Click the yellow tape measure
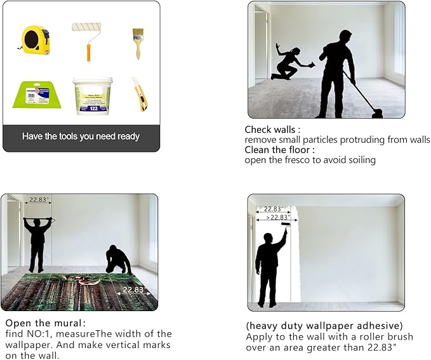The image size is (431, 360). [x=35, y=41]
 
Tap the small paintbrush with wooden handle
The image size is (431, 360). [x=138, y=43]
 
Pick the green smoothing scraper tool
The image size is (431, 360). [x=37, y=95]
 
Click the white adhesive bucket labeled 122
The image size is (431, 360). [x=93, y=96]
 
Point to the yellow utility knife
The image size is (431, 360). [x=140, y=94]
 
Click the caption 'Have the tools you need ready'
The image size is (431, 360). [x=81, y=137]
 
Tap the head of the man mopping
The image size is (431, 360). [x=345, y=37]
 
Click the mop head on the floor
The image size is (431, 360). [x=378, y=114]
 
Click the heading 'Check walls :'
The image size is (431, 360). [x=272, y=130]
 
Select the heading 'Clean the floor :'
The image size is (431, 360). [x=279, y=150]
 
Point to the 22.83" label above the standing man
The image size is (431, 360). [x=39, y=199]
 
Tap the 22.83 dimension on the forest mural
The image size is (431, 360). [x=133, y=290]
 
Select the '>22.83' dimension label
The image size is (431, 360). [x=277, y=217]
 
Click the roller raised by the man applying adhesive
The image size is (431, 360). [x=286, y=225]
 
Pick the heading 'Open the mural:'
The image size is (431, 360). [x=45, y=323]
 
